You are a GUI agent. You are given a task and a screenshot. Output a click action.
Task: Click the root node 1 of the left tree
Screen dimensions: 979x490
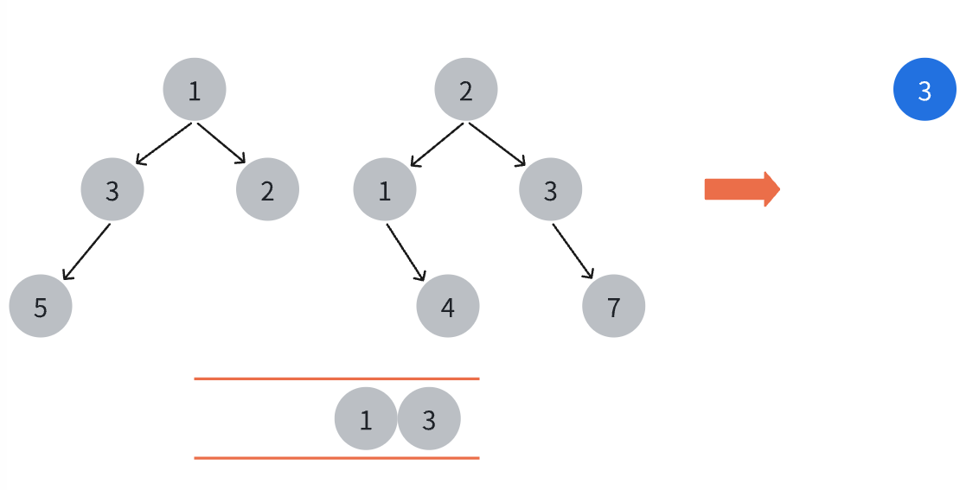click(195, 89)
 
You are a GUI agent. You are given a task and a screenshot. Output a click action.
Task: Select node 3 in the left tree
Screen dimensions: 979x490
click(112, 189)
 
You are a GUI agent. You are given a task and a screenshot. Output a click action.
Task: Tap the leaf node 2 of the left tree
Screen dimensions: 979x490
click(267, 189)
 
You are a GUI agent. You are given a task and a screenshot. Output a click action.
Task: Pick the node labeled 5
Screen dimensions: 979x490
click(41, 306)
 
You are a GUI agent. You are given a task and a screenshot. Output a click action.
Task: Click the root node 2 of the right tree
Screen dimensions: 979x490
click(466, 89)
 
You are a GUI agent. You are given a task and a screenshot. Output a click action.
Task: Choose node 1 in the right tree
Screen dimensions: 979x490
click(385, 189)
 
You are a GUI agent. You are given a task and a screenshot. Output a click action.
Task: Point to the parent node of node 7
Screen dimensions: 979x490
click(551, 189)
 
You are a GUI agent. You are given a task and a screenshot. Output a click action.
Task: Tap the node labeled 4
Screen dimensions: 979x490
click(448, 306)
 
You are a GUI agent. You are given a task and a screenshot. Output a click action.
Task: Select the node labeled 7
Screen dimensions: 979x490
click(614, 306)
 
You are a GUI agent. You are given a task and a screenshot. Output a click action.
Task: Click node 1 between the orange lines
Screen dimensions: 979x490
click(366, 418)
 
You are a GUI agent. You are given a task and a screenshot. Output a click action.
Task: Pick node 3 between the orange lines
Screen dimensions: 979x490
click(429, 418)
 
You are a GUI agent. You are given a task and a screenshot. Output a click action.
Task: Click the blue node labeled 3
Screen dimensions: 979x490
click(925, 89)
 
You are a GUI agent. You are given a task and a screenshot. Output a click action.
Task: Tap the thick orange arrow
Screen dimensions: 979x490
click(742, 189)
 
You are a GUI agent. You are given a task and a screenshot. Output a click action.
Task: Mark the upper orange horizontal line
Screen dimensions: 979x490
click(336, 379)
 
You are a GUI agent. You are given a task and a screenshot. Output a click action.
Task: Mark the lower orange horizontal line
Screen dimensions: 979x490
click(336, 458)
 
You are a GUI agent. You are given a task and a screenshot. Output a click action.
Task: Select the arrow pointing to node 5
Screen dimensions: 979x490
click(86, 251)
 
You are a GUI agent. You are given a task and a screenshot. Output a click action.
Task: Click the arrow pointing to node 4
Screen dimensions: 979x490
click(406, 252)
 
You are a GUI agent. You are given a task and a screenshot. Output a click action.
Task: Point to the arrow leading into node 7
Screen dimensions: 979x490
click(573, 251)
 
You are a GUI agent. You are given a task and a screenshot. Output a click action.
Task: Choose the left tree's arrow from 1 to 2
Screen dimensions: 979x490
click(221, 143)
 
